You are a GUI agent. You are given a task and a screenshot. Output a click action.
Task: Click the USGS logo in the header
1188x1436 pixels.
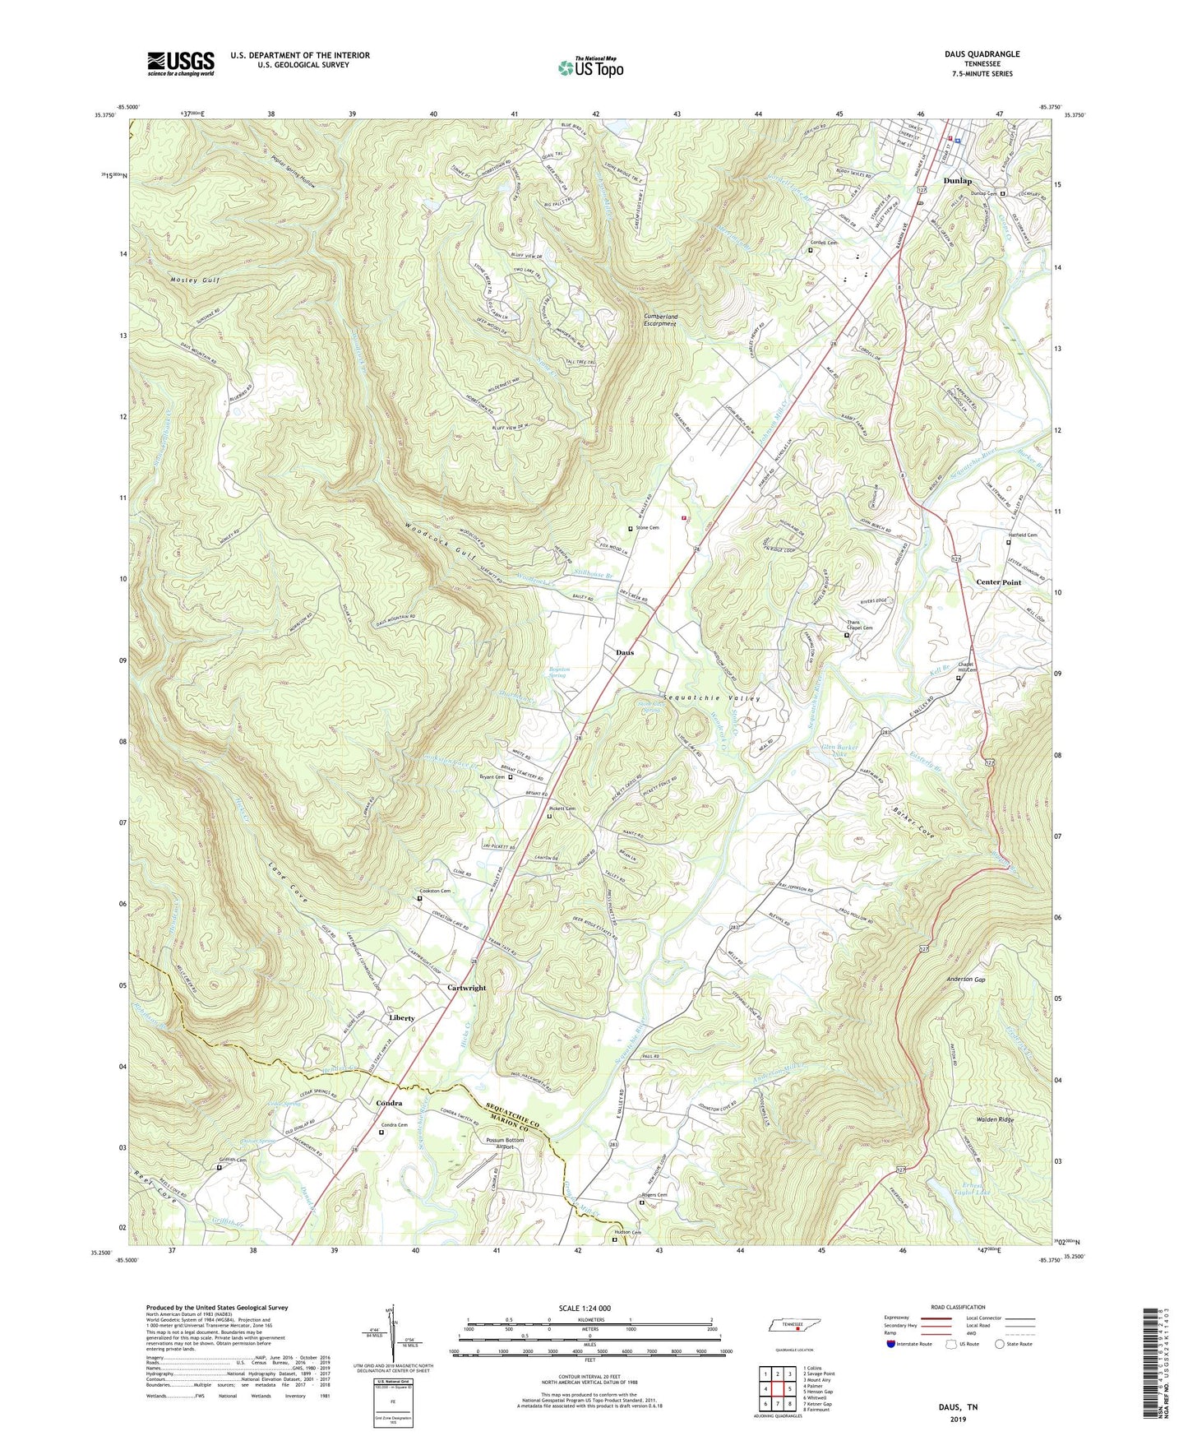pyautogui.click(x=181, y=63)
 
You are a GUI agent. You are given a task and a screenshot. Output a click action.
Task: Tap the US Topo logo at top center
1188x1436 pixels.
pyautogui.click(x=589, y=67)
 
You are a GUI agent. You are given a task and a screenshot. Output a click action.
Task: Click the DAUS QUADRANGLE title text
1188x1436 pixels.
pyautogui.click(x=982, y=54)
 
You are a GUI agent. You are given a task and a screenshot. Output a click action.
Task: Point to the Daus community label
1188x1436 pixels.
pyautogui.click(x=625, y=652)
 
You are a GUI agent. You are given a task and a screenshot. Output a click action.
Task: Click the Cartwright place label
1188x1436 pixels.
pyautogui.click(x=466, y=988)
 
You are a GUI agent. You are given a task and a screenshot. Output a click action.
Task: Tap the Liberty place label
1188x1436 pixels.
pyautogui.click(x=401, y=1017)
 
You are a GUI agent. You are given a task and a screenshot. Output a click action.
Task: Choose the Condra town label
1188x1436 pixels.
pyautogui.click(x=389, y=1103)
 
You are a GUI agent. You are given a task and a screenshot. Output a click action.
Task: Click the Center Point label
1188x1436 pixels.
pyautogui.click(x=998, y=581)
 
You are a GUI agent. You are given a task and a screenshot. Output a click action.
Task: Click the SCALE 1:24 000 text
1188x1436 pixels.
pyautogui.click(x=589, y=1309)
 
